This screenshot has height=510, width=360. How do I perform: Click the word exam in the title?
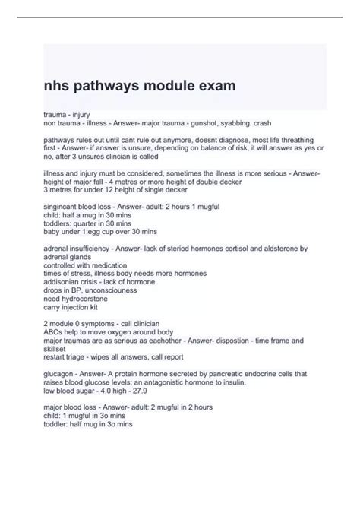click(213, 86)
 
